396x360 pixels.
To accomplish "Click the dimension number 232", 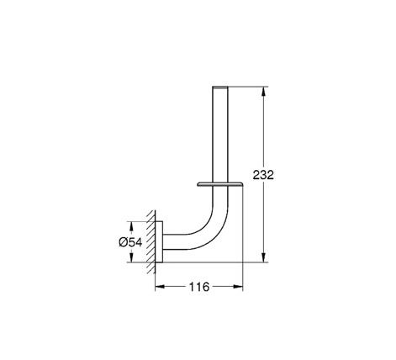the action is [263, 175].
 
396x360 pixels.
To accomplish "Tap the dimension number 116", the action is [199, 287].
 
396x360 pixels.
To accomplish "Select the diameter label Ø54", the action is [130, 242].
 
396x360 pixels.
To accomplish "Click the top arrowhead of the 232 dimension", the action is [263, 92].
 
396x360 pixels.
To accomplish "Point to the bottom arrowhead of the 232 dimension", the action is [263, 257].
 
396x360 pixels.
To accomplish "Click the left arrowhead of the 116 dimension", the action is [160, 286].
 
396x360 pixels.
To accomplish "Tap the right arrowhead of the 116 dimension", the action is [238, 286].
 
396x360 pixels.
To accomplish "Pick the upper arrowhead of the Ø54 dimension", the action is [131, 226].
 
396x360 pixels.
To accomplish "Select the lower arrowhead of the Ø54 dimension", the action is [131, 257].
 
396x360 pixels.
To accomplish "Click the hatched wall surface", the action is [150, 241].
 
